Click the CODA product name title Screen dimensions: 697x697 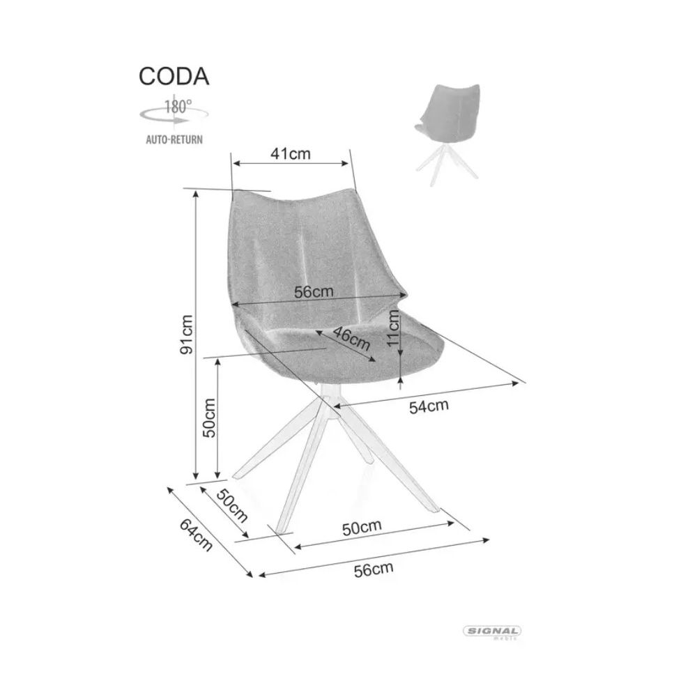point(174,77)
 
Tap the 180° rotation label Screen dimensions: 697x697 point(178,107)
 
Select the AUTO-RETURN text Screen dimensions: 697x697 point(174,139)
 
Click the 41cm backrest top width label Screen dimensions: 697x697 point(291,154)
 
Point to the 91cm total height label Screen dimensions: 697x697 point(187,335)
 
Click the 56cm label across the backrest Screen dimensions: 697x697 point(314,292)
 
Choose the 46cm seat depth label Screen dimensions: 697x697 point(351,338)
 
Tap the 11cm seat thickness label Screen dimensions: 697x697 point(393,328)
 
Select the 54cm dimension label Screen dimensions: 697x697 point(429,406)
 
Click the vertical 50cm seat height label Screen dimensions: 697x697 point(209,418)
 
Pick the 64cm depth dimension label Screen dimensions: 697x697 point(196,535)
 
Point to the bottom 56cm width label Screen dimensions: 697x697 point(374,569)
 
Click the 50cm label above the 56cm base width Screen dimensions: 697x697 point(362,528)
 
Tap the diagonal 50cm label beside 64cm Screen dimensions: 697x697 point(232,506)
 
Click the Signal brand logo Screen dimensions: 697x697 point(492,631)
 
